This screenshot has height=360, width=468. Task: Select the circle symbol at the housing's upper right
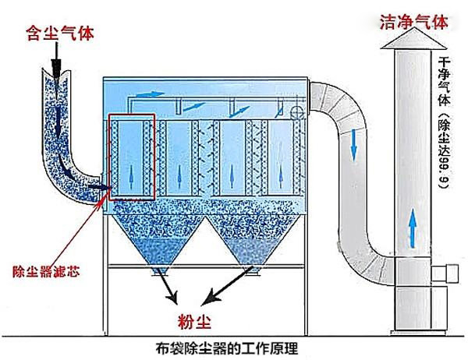(297, 113)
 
